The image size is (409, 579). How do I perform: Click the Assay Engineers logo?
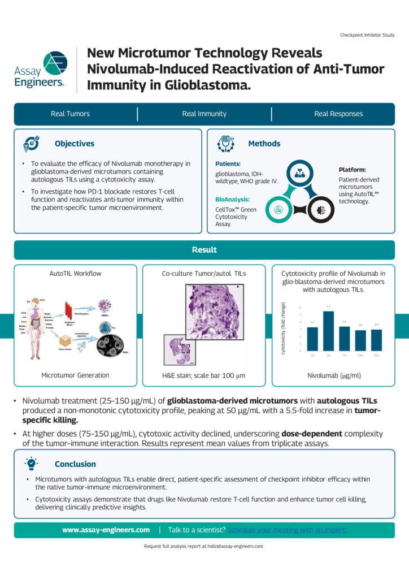coord(40,69)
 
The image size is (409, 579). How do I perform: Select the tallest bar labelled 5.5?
coord(328,331)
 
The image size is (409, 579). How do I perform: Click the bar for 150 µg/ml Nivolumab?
coord(376,340)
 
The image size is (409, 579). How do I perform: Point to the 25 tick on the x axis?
coord(312,355)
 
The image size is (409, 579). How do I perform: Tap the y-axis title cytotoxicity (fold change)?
coord(284,329)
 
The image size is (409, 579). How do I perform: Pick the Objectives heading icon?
coord(31,144)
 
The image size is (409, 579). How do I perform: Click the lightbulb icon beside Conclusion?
coord(31,464)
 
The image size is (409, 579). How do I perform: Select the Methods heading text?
coord(264,144)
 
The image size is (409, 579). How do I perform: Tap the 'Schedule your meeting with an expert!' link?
coord(287,530)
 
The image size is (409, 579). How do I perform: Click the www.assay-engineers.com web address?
coord(106,530)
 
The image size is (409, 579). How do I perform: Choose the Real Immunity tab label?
coord(204,114)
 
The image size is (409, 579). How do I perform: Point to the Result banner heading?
coord(204,249)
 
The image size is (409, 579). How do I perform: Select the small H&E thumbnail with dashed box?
coord(180,350)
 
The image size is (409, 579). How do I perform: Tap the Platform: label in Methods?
coord(352,170)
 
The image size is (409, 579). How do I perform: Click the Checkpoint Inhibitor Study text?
coord(367,35)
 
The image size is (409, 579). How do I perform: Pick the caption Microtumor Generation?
coord(75,375)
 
